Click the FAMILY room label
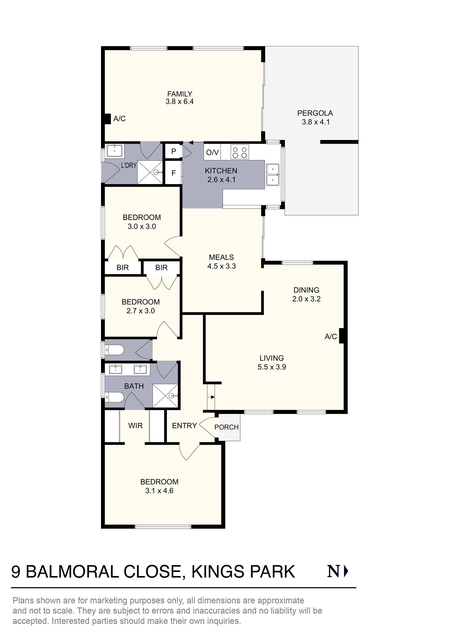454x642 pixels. coord(180,94)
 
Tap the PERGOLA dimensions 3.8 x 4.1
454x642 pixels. coord(316,122)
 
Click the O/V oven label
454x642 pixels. coord(212,153)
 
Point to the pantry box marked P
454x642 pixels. coord(174,151)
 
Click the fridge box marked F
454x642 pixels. coord(173,173)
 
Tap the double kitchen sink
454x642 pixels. coord(273,175)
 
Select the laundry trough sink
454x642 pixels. coord(114,151)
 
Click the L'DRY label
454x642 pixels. coord(129,165)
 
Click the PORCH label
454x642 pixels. coord(226,427)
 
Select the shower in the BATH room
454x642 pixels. coord(165,396)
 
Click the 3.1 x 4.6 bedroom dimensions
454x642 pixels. coord(159,491)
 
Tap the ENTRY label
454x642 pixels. coord(184,426)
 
